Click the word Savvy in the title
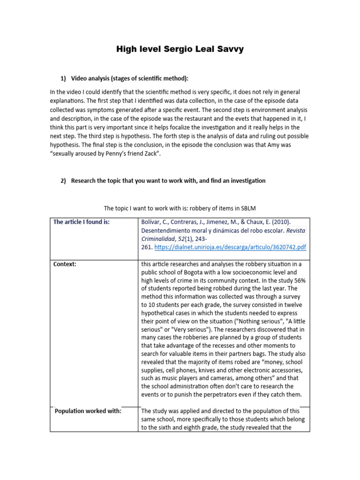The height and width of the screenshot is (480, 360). click(230, 49)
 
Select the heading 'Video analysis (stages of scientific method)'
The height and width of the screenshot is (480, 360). click(129, 78)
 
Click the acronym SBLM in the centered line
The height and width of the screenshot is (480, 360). click(247, 208)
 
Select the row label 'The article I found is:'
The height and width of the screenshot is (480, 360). click(81, 222)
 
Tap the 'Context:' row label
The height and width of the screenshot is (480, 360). click(65, 264)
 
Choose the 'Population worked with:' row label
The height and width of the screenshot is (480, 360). click(88, 411)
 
